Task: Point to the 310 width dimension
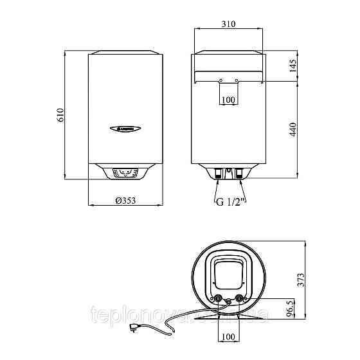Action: (x=228, y=24)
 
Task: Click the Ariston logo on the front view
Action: (x=123, y=127)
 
